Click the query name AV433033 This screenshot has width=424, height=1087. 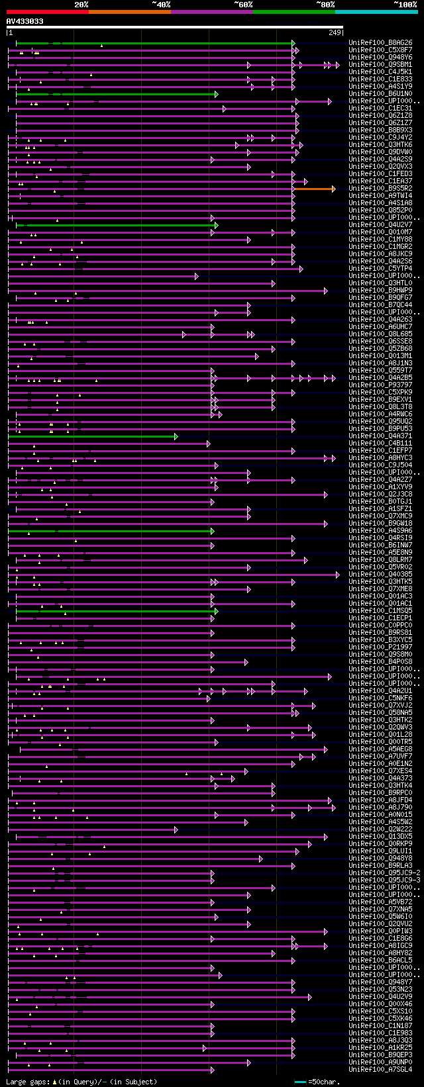25,21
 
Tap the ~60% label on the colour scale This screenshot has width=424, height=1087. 243,5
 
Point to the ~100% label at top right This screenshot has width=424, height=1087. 405,5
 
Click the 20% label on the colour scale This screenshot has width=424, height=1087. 81,5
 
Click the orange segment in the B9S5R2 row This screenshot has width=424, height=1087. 314,189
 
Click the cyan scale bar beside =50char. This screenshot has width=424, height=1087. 300,1082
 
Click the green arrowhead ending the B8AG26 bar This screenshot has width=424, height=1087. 293,43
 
